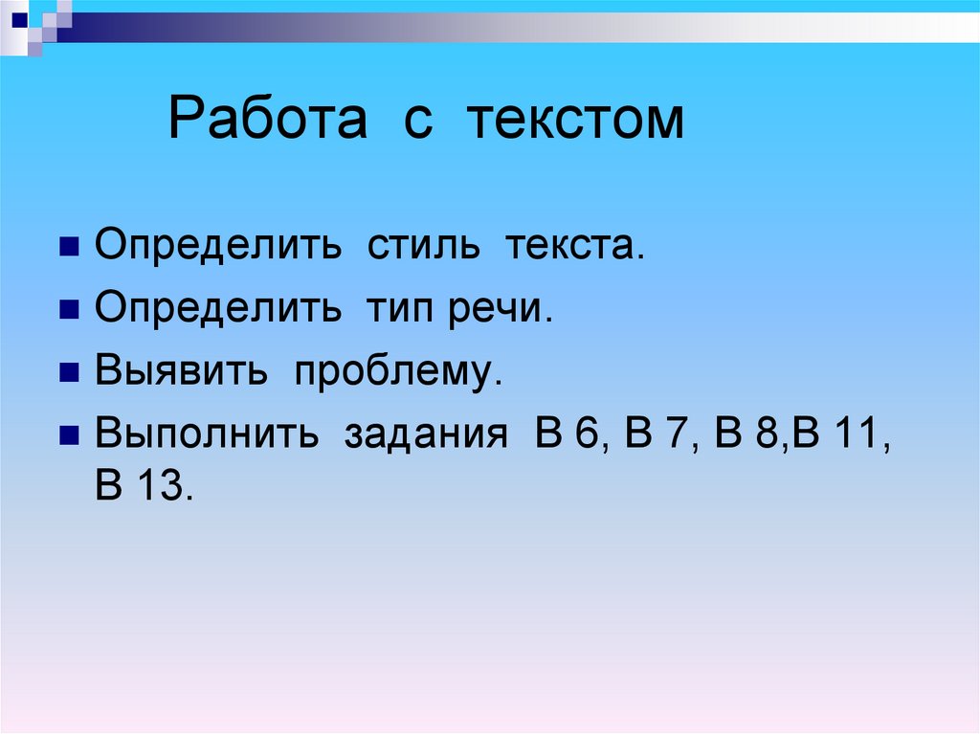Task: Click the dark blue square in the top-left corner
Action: coord(19,16)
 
